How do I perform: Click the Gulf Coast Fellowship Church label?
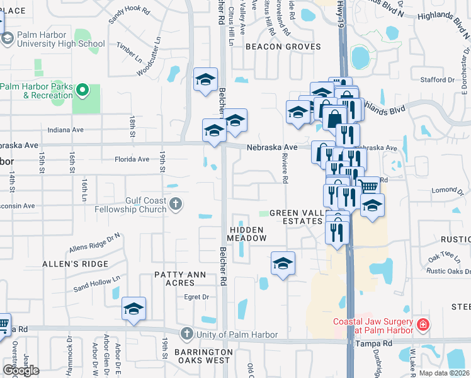(x=130, y=205)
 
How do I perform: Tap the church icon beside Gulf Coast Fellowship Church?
(x=176, y=204)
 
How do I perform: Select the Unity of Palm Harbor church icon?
(x=186, y=333)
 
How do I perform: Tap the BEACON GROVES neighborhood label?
(x=283, y=47)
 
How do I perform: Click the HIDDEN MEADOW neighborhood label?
(x=248, y=233)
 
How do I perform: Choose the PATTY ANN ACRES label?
(x=181, y=278)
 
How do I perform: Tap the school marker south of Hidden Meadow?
(x=283, y=263)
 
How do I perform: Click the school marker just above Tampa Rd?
(x=133, y=309)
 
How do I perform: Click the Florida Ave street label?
(x=132, y=159)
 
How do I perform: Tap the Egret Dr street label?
(x=196, y=297)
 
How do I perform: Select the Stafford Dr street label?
(x=437, y=80)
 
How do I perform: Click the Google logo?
(x=20, y=370)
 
